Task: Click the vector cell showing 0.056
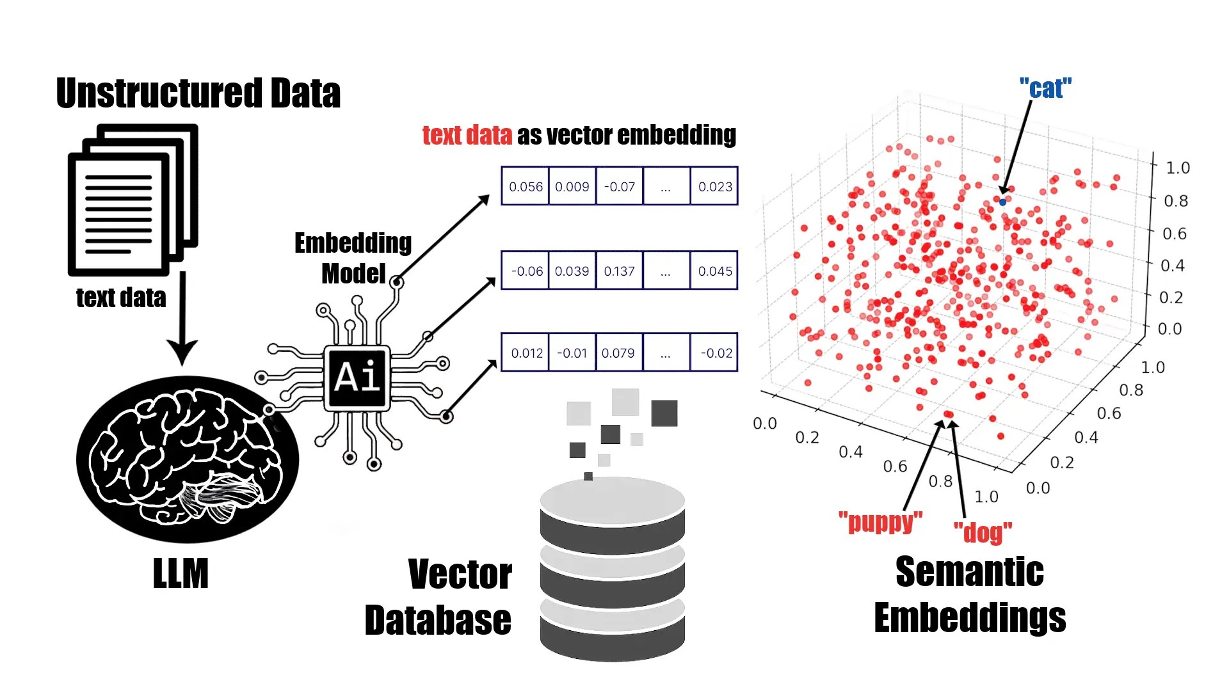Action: (526, 186)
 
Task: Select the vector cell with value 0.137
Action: (619, 271)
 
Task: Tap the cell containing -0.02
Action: (715, 353)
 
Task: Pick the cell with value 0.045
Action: (715, 271)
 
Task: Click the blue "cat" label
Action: (1045, 88)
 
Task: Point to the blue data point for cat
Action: (1002, 202)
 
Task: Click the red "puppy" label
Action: (880, 522)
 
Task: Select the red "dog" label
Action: (983, 532)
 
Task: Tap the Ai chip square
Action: (357, 377)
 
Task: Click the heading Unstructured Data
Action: (198, 93)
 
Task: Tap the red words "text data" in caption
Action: (467, 135)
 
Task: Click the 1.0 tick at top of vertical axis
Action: (1177, 168)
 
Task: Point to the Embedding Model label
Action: (353, 258)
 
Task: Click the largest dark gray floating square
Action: (664, 413)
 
